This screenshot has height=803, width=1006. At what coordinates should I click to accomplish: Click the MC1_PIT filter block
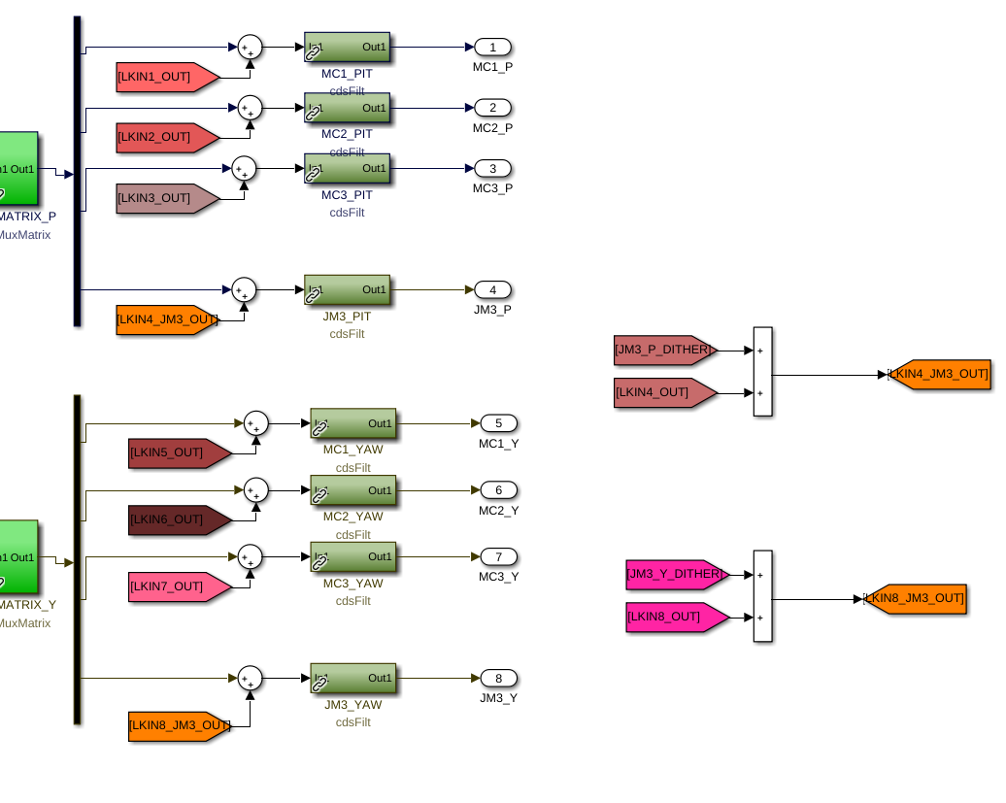(x=347, y=47)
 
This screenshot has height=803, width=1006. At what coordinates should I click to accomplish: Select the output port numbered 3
(x=492, y=169)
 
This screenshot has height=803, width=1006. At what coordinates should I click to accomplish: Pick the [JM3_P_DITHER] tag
(x=665, y=351)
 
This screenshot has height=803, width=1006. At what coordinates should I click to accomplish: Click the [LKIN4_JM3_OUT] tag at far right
(x=939, y=374)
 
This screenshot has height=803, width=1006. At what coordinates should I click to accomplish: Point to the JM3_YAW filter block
(x=352, y=678)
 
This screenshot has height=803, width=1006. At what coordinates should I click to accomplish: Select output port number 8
(x=498, y=678)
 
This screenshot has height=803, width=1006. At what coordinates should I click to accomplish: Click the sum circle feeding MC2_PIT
(x=250, y=108)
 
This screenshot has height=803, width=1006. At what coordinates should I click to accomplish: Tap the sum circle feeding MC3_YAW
(x=250, y=557)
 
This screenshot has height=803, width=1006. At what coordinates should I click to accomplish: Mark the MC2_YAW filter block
(x=352, y=490)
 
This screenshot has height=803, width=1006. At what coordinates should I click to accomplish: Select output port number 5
(x=498, y=423)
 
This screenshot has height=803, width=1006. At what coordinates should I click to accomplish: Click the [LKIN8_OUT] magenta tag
(x=676, y=617)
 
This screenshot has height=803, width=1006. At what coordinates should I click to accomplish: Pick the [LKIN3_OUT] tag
(x=166, y=198)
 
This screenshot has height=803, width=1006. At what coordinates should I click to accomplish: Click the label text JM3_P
(x=492, y=310)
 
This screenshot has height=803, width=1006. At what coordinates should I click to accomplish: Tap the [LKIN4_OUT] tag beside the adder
(x=664, y=392)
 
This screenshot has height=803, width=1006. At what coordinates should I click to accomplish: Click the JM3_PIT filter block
(x=347, y=289)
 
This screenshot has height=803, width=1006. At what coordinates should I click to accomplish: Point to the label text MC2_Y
(x=498, y=511)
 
